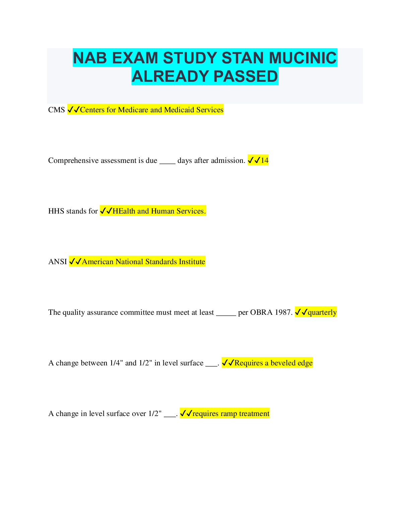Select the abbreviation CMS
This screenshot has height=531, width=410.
coord(56,110)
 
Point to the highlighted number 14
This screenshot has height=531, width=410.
coord(265,161)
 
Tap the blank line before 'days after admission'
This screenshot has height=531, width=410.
coord(167,162)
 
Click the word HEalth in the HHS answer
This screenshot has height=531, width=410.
coord(124,211)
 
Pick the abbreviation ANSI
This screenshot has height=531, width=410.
coord(58,262)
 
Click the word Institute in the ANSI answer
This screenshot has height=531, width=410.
coord(192,262)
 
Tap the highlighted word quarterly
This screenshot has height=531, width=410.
coord(322,312)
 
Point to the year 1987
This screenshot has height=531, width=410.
coord(283,312)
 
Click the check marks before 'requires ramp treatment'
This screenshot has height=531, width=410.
coord(186,414)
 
